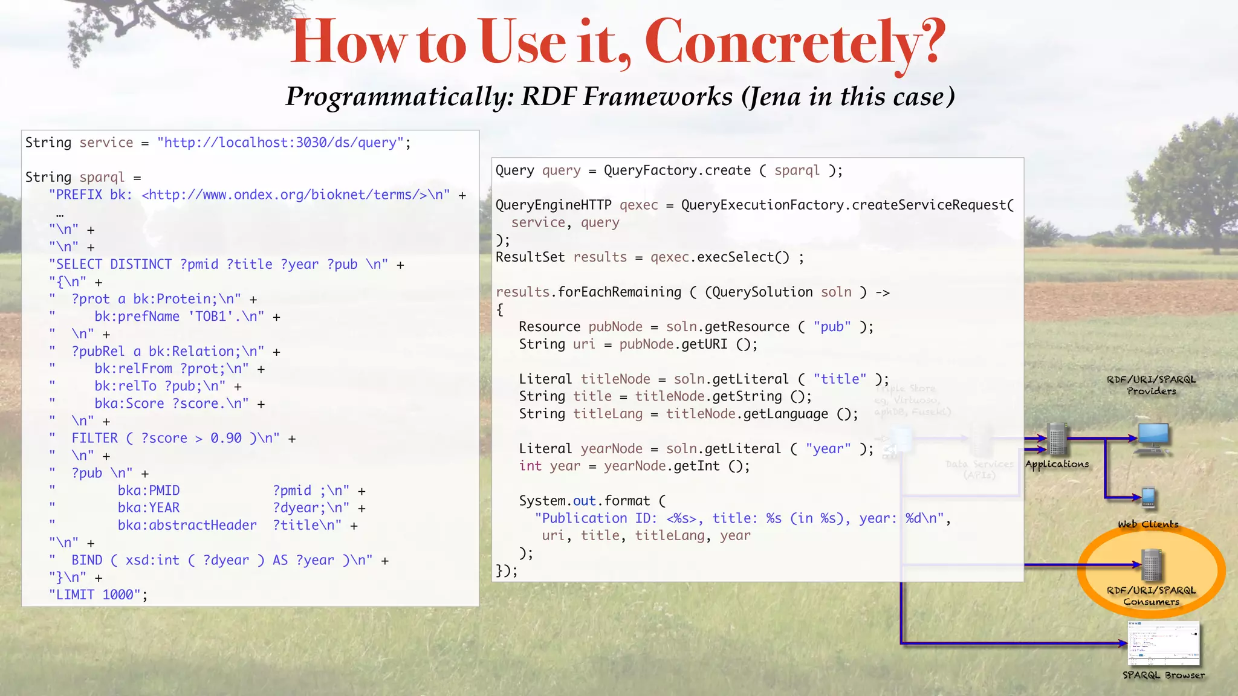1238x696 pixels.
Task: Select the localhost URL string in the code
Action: click(x=280, y=143)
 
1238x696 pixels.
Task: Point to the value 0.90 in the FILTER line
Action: click(x=225, y=439)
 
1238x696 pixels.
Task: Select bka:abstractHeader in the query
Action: click(x=187, y=526)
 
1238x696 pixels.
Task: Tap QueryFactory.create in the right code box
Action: click(x=676, y=171)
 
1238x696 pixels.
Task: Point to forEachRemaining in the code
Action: click(x=619, y=292)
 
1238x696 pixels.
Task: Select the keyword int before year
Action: click(x=530, y=466)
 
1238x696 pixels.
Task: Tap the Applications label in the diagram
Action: click(x=1057, y=464)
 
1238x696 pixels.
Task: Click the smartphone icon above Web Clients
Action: click(x=1149, y=498)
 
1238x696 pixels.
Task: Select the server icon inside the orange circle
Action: click(x=1152, y=565)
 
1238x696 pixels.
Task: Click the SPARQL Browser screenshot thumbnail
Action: click(x=1163, y=643)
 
